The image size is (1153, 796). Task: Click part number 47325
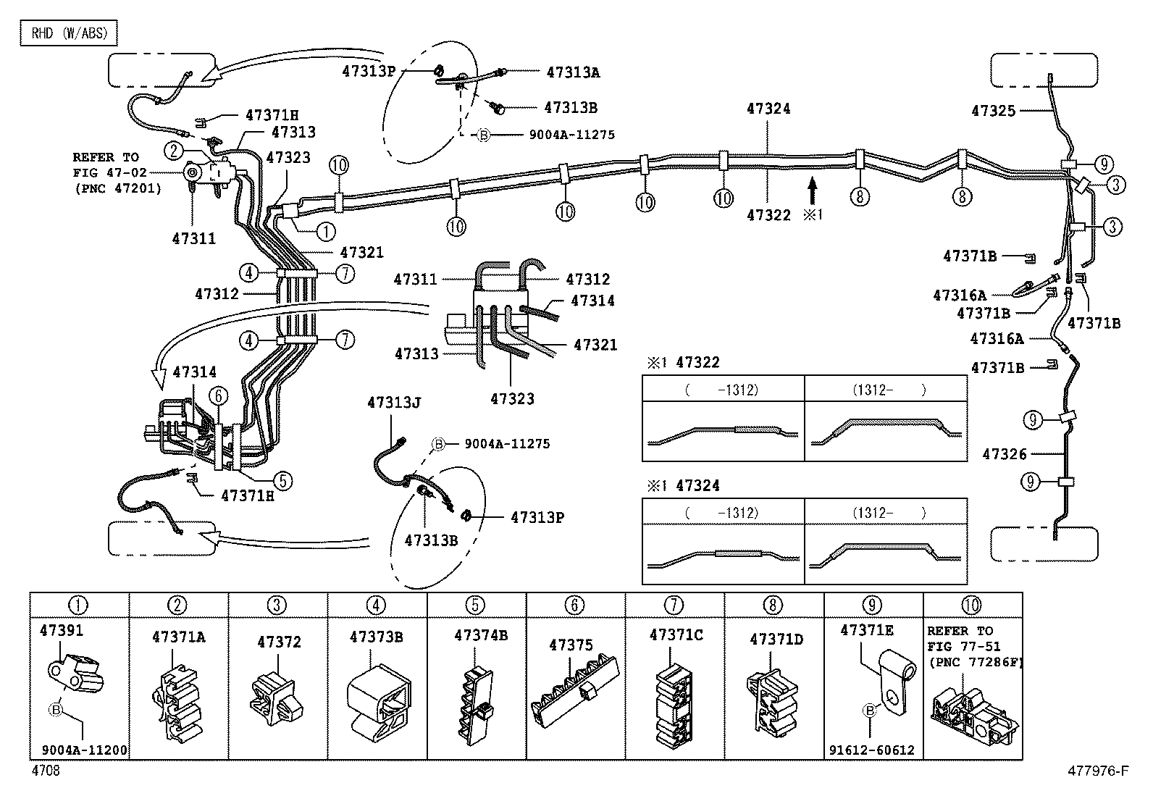(993, 111)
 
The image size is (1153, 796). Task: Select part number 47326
(1004, 454)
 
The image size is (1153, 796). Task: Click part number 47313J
(393, 403)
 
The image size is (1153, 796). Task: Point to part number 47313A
(572, 72)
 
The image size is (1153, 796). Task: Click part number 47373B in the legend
(376, 637)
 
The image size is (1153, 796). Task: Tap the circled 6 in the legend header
(574, 605)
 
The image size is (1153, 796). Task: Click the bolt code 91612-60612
(871, 750)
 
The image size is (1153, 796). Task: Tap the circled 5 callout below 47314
(282, 479)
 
